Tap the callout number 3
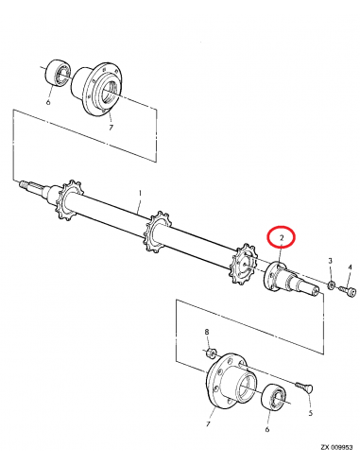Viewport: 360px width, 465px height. coord(330,260)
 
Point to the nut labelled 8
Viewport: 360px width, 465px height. coord(209,353)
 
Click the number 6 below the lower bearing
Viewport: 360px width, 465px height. coord(267,429)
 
